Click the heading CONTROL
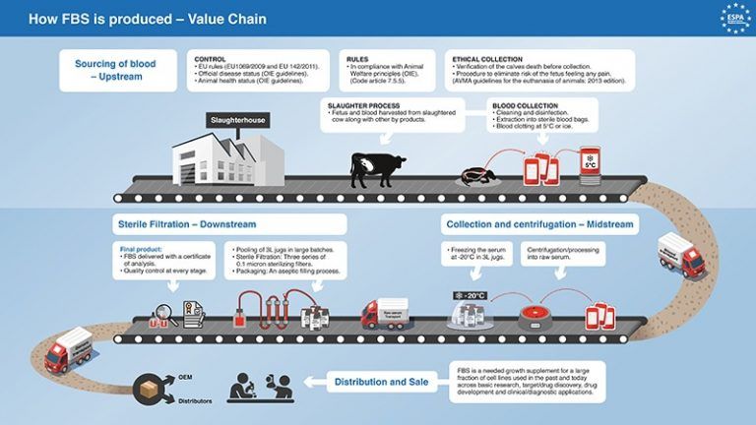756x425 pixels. point(211,59)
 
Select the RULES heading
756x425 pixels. point(357,59)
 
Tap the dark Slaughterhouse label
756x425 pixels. point(237,121)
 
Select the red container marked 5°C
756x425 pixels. point(590,162)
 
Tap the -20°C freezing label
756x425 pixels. point(470,294)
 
